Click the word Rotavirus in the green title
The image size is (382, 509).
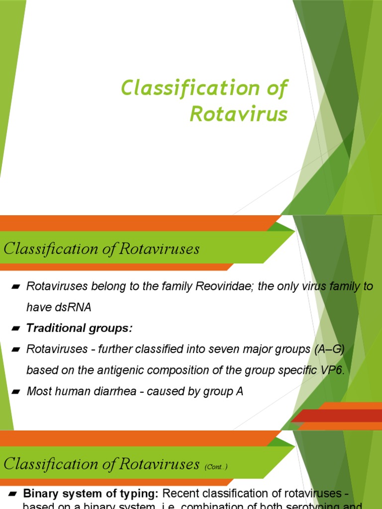[x=239, y=114]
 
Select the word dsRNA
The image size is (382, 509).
[x=74, y=307]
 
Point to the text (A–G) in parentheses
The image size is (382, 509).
[x=329, y=349]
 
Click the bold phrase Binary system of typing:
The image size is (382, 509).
[x=91, y=494]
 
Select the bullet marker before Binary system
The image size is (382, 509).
[x=13, y=494]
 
